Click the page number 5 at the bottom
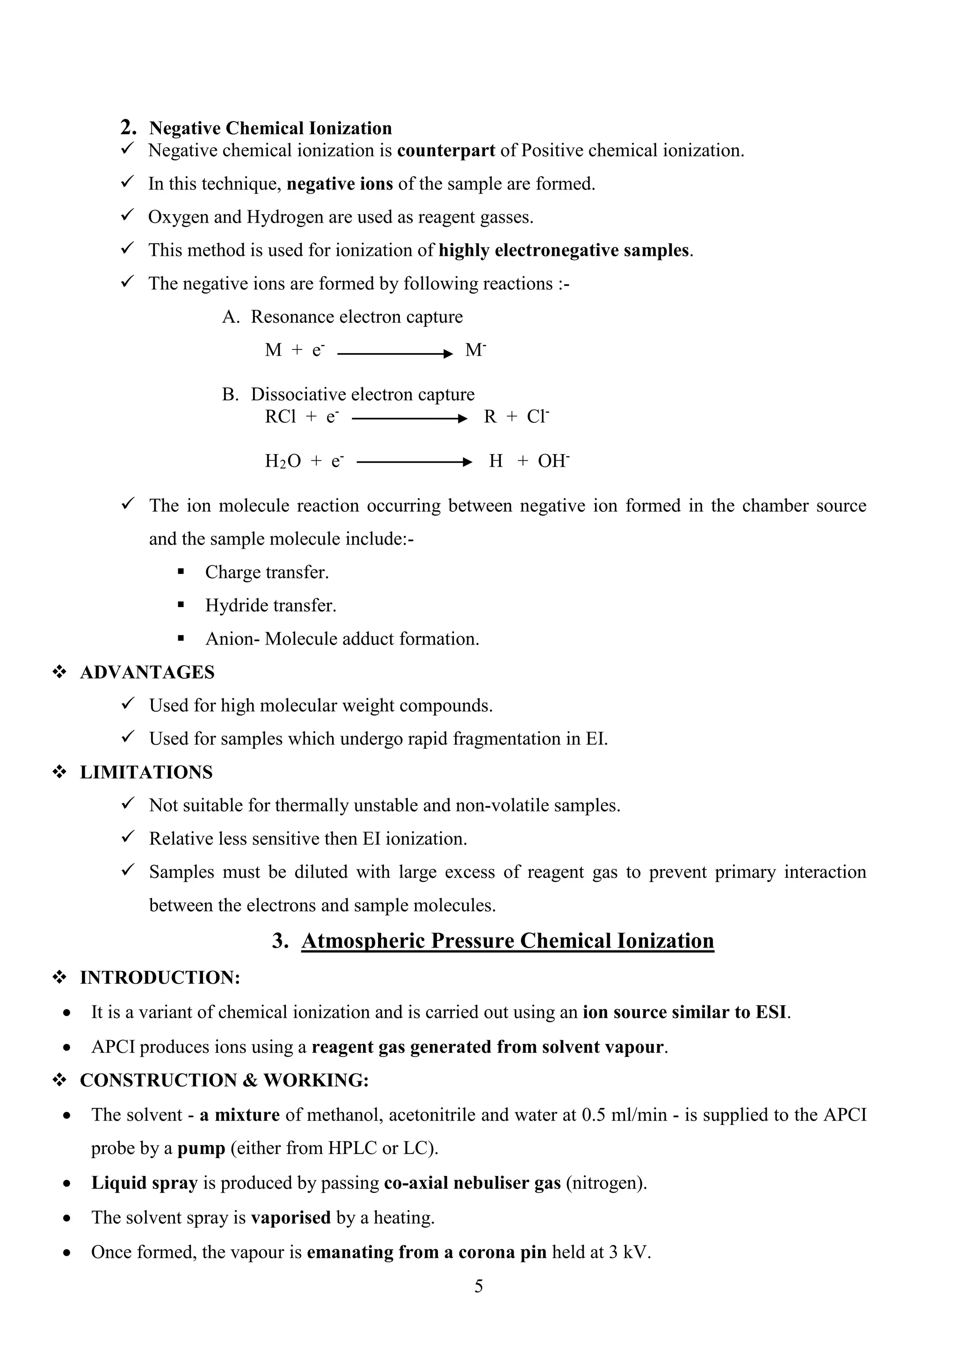pyautogui.click(x=478, y=1286)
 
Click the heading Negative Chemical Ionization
pyautogui.click(x=270, y=129)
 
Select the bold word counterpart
pyautogui.click(x=446, y=151)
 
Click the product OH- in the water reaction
pyautogui.click(x=553, y=461)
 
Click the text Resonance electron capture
pyautogui.click(x=356, y=317)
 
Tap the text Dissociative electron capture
pyautogui.click(x=363, y=394)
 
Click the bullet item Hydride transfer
pyautogui.click(x=270, y=606)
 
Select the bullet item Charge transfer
pyautogui.click(x=267, y=572)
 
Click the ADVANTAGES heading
pyautogui.click(x=147, y=672)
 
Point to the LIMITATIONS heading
pyautogui.click(x=146, y=772)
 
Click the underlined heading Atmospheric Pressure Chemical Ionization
pyautogui.click(x=507, y=941)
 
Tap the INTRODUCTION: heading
pyautogui.click(x=160, y=977)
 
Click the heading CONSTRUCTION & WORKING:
pyautogui.click(x=224, y=1080)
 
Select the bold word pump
pyautogui.click(x=201, y=1148)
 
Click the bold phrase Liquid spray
pyautogui.click(x=144, y=1183)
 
